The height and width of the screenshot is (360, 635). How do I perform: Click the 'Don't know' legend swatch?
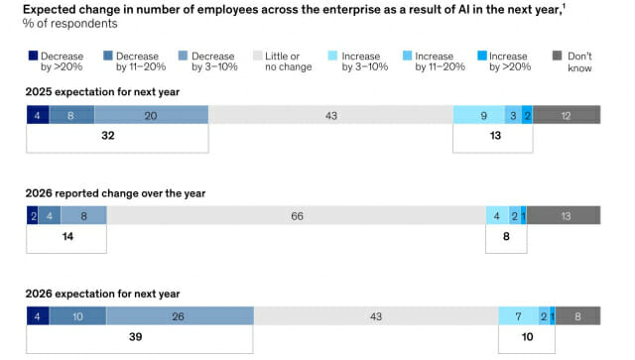click(x=558, y=56)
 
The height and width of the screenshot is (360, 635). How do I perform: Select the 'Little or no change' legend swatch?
click(x=258, y=56)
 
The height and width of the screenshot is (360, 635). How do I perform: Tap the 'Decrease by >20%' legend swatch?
click(x=33, y=56)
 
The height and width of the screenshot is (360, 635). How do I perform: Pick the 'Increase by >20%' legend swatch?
click(x=482, y=56)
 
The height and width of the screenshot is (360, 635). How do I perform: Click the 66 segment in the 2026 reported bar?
click(x=297, y=215)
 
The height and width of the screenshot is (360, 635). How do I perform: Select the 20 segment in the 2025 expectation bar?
click(x=152, y=115)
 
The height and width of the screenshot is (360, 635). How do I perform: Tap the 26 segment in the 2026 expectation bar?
click(x=180, y=315)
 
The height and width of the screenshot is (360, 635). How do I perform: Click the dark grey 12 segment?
click(x=567, y=115)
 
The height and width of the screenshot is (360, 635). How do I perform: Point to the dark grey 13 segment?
click(x=564, y=215)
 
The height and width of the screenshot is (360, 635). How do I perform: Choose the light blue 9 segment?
click(x=479, y=115)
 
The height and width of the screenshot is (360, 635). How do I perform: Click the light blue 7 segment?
click(x=518, y=315)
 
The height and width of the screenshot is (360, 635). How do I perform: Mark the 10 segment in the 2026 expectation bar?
click(x=77, y=315)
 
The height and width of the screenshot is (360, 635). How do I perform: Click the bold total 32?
click(x=108, y=135)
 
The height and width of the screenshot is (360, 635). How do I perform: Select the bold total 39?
click(x=135, y=336)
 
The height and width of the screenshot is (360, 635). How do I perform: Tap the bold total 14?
click(x=67, y=236)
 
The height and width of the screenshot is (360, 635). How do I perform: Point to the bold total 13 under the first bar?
click(x=495, y=135)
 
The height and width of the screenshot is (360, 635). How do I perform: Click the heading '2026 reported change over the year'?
click(x=115, y=193)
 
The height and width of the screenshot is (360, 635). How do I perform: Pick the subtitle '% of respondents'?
click(x=70, y=24)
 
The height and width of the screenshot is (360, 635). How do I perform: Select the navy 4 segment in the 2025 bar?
click(x=38, y=115)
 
